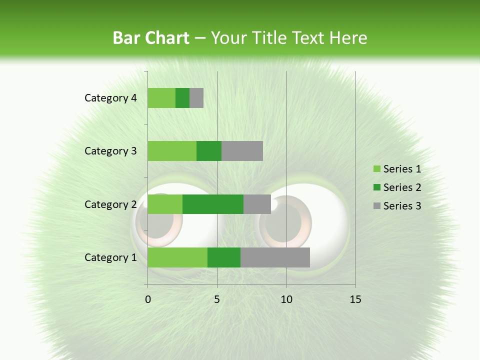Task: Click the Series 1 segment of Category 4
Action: click(x=161, y=98)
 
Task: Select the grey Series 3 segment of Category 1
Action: click(x=275, y=257)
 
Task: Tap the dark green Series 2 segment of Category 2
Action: click(x=213, y=204)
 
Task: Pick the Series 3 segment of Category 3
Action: click(x=242, y=151)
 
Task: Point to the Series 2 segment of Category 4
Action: click(x=182, y=98)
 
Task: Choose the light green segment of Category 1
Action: click(x=177, y=257)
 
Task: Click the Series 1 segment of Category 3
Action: click(x=172, y=151)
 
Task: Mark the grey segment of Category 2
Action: click(x=257, y=204)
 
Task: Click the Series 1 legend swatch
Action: click(x=376, y=169)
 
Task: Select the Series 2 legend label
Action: click(x=402, y=187)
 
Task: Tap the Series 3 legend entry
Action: click(x=397, y=206)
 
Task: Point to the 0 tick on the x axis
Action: click(x=148, y=299)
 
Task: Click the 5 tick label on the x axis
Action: click(x=217, y=299)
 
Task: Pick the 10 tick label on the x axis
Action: click(x=286, y=299)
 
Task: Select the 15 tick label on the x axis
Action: click(x=355, y=299)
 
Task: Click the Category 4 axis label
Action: click(x=110, y=98)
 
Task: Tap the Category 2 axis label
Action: click(x=110, y=204)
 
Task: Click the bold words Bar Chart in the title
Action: click(x=150, y=38)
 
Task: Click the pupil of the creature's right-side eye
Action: click(x=285, y=220)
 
